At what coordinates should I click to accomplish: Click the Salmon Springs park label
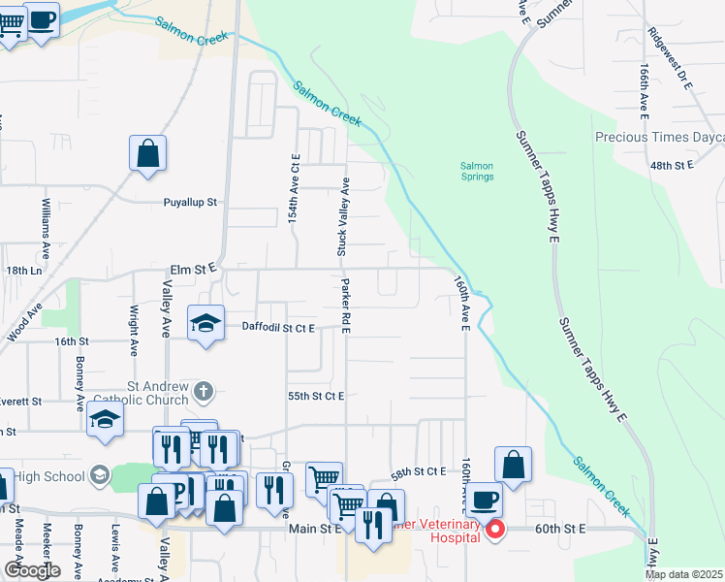pos(477,171)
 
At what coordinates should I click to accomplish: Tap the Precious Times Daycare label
pos(659,138)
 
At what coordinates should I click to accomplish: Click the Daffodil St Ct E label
pos(278,328)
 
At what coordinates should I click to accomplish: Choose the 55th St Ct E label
pos(316,396)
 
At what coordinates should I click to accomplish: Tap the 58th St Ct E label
pos(418,470)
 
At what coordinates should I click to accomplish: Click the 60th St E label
pos(561,529)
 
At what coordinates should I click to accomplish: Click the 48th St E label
pos(672,166)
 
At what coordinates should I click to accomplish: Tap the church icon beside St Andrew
pos(203,391)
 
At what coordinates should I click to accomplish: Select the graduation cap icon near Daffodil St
pos(205,323)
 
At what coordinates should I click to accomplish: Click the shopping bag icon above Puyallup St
pos(147,153)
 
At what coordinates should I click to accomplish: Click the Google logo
pos(32,570)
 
